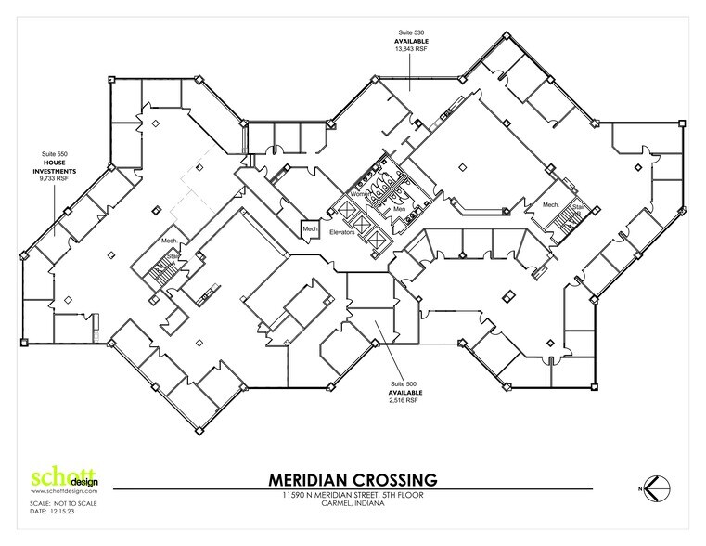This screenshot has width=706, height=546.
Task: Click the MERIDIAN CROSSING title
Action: (x=353, y=480)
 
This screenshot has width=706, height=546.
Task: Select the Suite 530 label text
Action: (x=412, y=32)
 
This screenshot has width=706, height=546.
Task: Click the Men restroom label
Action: (x=399, y=209)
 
